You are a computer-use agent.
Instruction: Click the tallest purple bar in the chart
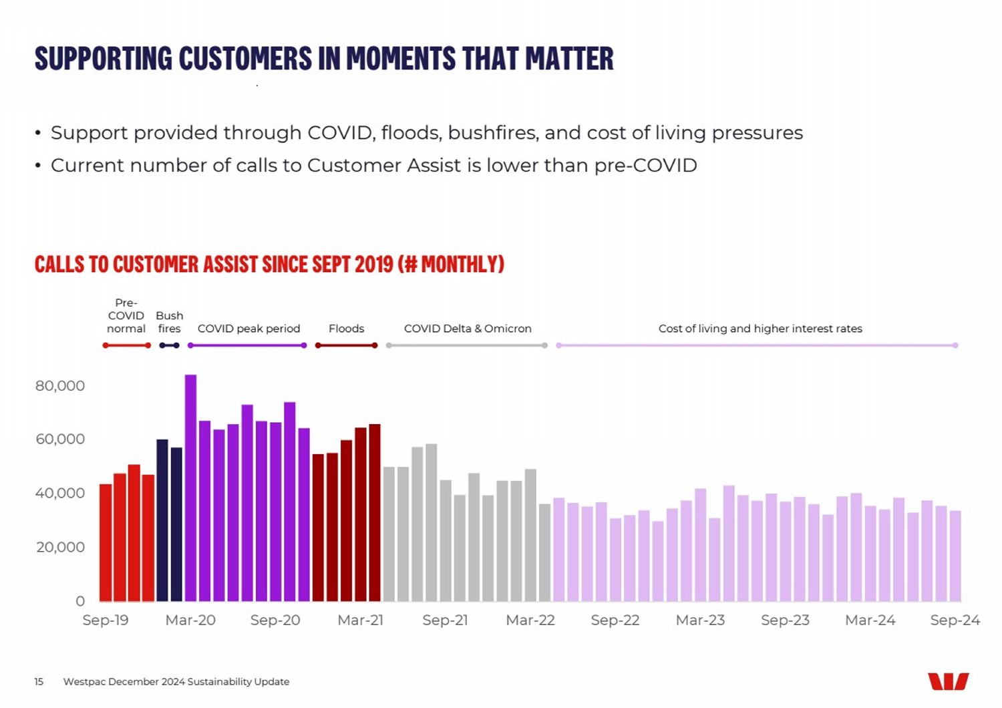click(190, 488)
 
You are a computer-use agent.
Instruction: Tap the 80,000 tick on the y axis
click(60, 386)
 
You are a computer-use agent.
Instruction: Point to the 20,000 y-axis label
click(60, 547)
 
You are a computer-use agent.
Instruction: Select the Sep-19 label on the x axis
click(106, 620)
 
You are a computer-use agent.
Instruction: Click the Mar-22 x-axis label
click(530, 620)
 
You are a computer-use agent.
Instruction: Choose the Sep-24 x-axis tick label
click(955, 620)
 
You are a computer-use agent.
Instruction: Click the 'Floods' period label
click(346, 329)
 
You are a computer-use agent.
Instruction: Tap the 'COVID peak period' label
click(248, 329)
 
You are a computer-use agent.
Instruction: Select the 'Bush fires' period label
click(169, 322)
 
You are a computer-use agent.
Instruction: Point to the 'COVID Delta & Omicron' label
click(468, 329)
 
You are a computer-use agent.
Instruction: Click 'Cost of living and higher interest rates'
click(760, 329)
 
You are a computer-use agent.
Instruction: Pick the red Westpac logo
click(948, 682)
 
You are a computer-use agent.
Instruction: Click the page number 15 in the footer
click(39, 682)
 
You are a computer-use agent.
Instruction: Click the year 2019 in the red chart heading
click(373, 264)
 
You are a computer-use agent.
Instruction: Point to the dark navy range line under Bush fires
click(169, 345)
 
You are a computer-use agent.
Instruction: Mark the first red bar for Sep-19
click(106, 542)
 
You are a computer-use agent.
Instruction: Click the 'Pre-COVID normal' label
click(126, 315)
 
